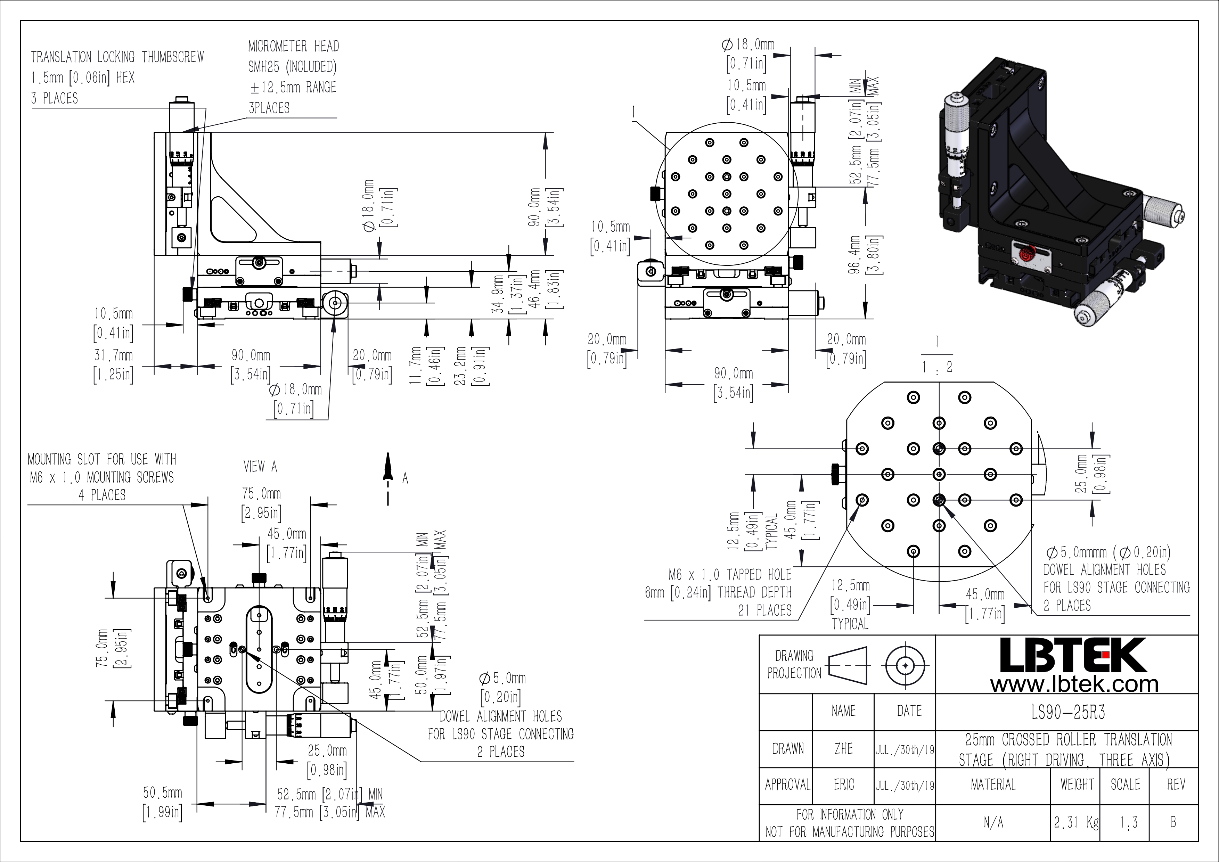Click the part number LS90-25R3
pyautogui.click(x=1068, y=712)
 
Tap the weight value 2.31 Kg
pyautogui.click(x=1076, y=822)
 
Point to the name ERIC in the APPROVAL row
pyautogui.click(x=844, y=785)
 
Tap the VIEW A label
pyautogui.click(x=260, y=467)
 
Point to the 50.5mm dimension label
pyautogui.click(x=163, y=793)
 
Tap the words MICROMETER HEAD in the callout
pyautogui.click(x=294, y=46)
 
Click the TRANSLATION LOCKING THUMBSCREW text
pyautogui.click(x=117, y=57)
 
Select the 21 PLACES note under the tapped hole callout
pyautogui.click(x=764, y=610)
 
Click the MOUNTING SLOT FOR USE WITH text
pyautogui.click(x=102, y=459)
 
